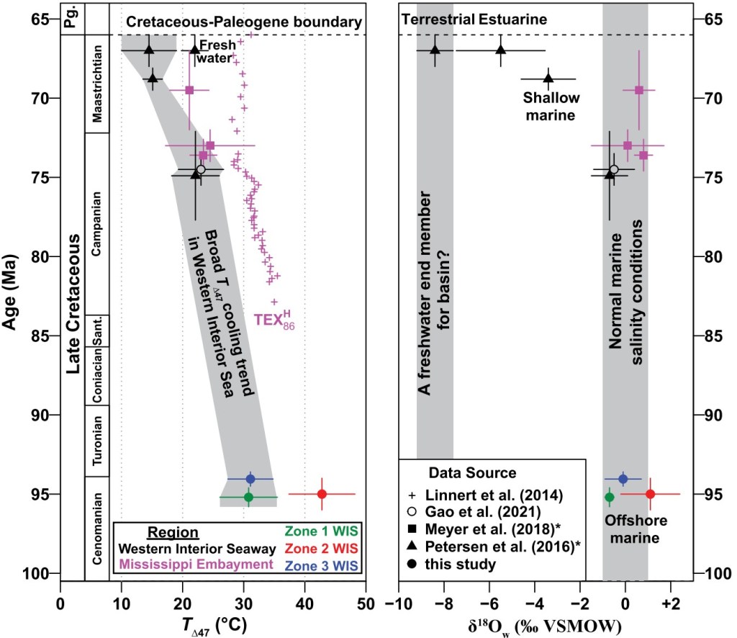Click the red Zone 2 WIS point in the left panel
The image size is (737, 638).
tap(322, 494)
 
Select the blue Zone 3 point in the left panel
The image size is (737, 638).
tap(250, 479)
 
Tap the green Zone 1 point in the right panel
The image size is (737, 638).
tap(610, 497)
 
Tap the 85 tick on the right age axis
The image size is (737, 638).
tap(710, 336)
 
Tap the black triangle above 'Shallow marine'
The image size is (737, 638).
tap(548, 78)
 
